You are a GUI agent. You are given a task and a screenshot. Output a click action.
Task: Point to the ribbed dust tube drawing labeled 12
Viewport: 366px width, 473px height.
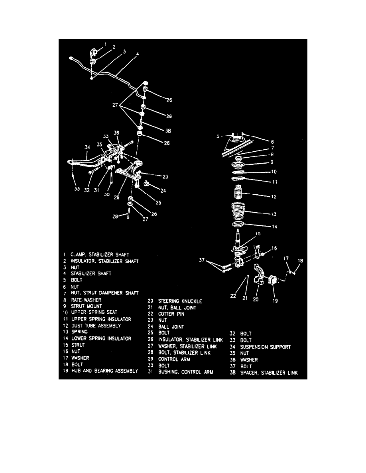coord(239,195)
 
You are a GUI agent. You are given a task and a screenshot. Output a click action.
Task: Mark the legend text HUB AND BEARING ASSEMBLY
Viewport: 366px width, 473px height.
coord(105,371)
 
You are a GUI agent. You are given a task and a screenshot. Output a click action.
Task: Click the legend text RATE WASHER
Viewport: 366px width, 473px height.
coord(87,300)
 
